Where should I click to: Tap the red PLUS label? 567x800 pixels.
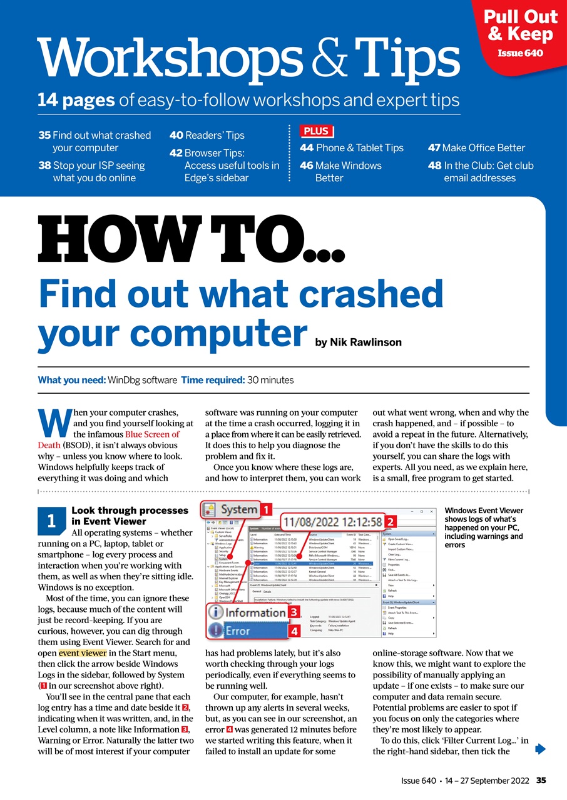[317, 132]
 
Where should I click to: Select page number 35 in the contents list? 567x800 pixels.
[44, 135]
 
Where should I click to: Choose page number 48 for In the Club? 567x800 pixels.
[434, 166]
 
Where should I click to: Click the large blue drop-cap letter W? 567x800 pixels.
[53, 424]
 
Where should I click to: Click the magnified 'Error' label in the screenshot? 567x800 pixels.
[238, 631]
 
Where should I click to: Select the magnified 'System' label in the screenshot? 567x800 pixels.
[238, 509]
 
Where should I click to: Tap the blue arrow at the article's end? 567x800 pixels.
[541, 749]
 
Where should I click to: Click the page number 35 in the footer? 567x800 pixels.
[541, 780]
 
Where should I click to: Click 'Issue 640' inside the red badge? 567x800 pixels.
[520, 53]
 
